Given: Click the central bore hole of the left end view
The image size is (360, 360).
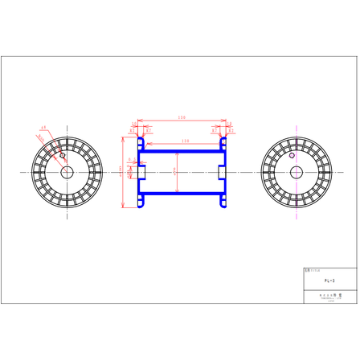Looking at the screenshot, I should tap(65, 171).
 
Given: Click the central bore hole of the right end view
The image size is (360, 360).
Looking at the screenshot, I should tap(296, 171).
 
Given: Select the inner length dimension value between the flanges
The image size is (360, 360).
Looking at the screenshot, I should tap(185, 141).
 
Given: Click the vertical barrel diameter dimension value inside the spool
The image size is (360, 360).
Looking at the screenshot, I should tap(176, 171).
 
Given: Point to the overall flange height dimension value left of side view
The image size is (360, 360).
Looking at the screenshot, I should tap(121, 171).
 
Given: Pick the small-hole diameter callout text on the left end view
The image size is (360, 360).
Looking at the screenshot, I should tap(43, 127).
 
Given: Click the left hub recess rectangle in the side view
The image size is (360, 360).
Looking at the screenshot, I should tap(142, 171).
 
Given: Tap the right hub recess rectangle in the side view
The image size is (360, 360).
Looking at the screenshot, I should tap(221, 171).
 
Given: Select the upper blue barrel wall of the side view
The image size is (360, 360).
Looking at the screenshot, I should tap(182, 149).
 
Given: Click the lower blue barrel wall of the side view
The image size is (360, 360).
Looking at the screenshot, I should tap(182, 194).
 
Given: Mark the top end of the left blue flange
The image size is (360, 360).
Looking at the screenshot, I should tap(138, 136).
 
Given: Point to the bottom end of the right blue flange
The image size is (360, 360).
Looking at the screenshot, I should tap(225, 207).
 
